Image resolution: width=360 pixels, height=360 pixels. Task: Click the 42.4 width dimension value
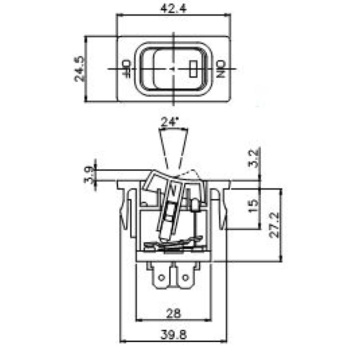point(173,8)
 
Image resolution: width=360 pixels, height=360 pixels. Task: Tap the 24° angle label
point(170,122)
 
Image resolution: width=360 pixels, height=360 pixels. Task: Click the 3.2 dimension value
point(254,158)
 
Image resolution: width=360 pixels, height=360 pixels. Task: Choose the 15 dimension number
point(254,206)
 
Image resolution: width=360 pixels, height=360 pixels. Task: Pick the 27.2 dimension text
point(274,225)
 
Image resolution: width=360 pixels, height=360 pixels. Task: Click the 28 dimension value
point(173,313)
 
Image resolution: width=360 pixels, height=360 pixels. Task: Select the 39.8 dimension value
point(174,335)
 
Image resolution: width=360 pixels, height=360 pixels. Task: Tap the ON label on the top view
point(221,69)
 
